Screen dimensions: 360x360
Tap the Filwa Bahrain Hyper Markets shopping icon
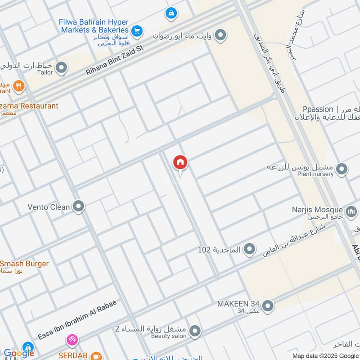coord(138,31)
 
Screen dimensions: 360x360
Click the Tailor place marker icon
coord(62,68)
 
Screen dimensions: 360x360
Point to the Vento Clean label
coord(49,207)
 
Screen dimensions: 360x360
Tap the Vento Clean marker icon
coord(79,207)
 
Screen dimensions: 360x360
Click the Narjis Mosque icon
coord(351,210)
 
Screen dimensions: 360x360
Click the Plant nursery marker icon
coord(342,170)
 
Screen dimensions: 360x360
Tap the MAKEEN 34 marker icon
coord(268,306)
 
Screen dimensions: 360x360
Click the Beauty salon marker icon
coord(195,332)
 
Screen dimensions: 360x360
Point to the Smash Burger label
coord(25,264)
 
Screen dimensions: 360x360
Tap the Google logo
coord(19,353)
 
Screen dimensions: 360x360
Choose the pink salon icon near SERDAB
coord(72,340)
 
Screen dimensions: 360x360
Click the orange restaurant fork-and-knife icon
coord(18,85)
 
